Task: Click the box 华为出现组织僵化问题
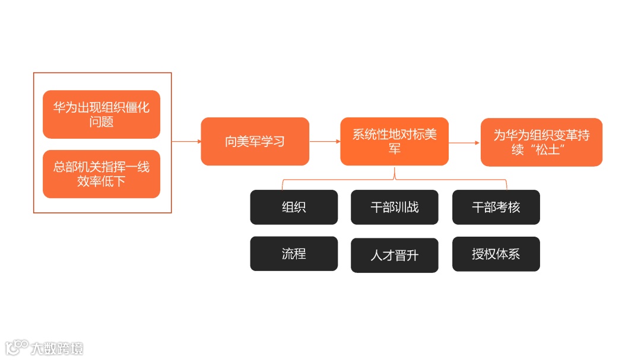[101, 114]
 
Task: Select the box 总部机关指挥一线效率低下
[101, 174]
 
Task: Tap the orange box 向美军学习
[255, 142]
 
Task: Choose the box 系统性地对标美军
[394, 142]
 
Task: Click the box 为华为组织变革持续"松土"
[541, 142]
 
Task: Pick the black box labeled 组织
[294, 207]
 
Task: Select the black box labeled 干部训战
[395, 207]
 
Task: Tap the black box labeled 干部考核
[496, 207]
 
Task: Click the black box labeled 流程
[294, 254]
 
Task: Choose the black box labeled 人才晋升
[395, 255]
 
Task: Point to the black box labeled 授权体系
[496, 254]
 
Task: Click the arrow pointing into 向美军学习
[186, 142]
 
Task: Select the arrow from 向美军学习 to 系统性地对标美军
[325, 142]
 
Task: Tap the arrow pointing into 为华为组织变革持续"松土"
[464, 142]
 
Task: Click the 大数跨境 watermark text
[58, 348]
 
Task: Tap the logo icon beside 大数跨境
[17, 347]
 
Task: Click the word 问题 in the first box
[101, 122]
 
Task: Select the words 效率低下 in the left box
[101, 181]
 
